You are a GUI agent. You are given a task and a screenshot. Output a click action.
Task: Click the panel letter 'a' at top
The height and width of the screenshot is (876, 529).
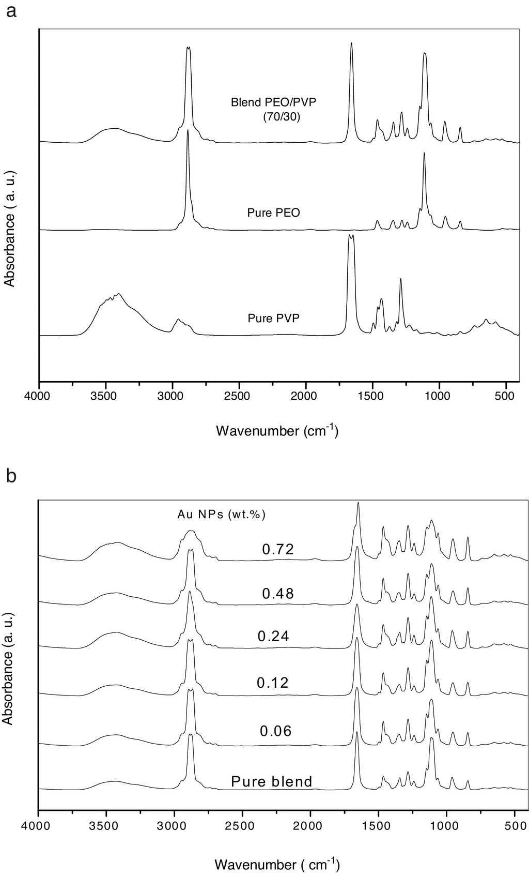tap(11, 11)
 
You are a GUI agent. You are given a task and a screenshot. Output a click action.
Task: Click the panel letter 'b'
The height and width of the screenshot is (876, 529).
tap(11, 476)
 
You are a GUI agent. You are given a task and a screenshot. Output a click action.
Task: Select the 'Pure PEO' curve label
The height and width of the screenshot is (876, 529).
tap(274, 213)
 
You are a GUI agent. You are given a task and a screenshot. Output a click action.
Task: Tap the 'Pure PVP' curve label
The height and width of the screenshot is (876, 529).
tap(273, 318)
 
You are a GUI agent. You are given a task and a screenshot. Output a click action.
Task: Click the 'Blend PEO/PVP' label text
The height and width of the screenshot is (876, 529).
tap(273, 102)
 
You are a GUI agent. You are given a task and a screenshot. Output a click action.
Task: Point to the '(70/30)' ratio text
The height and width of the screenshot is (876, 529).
tap(281, 117)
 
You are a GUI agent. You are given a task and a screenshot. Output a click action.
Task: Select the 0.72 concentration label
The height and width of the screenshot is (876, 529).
tap(278, 549)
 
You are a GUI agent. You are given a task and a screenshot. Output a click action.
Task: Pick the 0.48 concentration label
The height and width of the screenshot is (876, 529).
tap(278, 594)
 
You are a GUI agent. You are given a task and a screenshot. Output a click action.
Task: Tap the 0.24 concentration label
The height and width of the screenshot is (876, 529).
tap(273, 636)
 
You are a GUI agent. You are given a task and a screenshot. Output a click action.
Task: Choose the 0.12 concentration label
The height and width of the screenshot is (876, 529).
tap(273, 683)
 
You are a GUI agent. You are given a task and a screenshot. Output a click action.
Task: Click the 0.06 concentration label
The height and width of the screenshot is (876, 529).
tap(276, 731)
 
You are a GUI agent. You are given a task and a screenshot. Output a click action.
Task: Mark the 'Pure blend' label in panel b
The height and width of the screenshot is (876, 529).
tap(272, 781)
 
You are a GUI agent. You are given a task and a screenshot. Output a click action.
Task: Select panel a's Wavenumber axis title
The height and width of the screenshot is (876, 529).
tap(277, 430)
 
